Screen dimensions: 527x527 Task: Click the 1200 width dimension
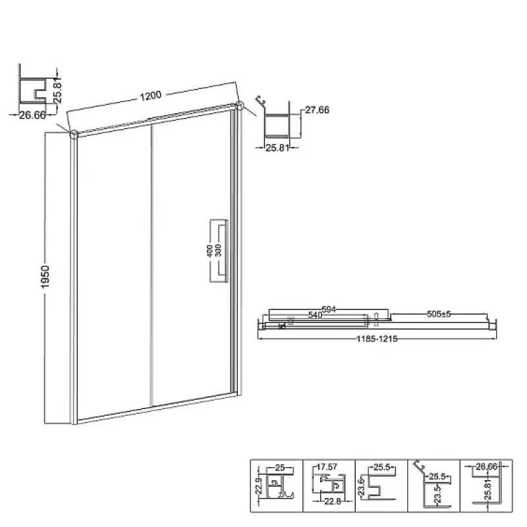pos(151,96)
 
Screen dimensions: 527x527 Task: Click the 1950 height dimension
pos(45,277)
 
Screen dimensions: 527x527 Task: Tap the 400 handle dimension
pos(209,251)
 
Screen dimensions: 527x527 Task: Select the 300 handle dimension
pos(218,251)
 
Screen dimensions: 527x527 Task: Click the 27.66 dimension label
pos(317,110)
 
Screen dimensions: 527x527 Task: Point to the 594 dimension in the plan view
pos(329,309)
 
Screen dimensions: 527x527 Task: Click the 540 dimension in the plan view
pos(316,315)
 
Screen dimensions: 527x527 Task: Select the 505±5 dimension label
pos(439,314)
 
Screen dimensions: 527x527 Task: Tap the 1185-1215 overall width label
pos(377,339)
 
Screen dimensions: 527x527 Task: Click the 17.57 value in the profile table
pos(327,467)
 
